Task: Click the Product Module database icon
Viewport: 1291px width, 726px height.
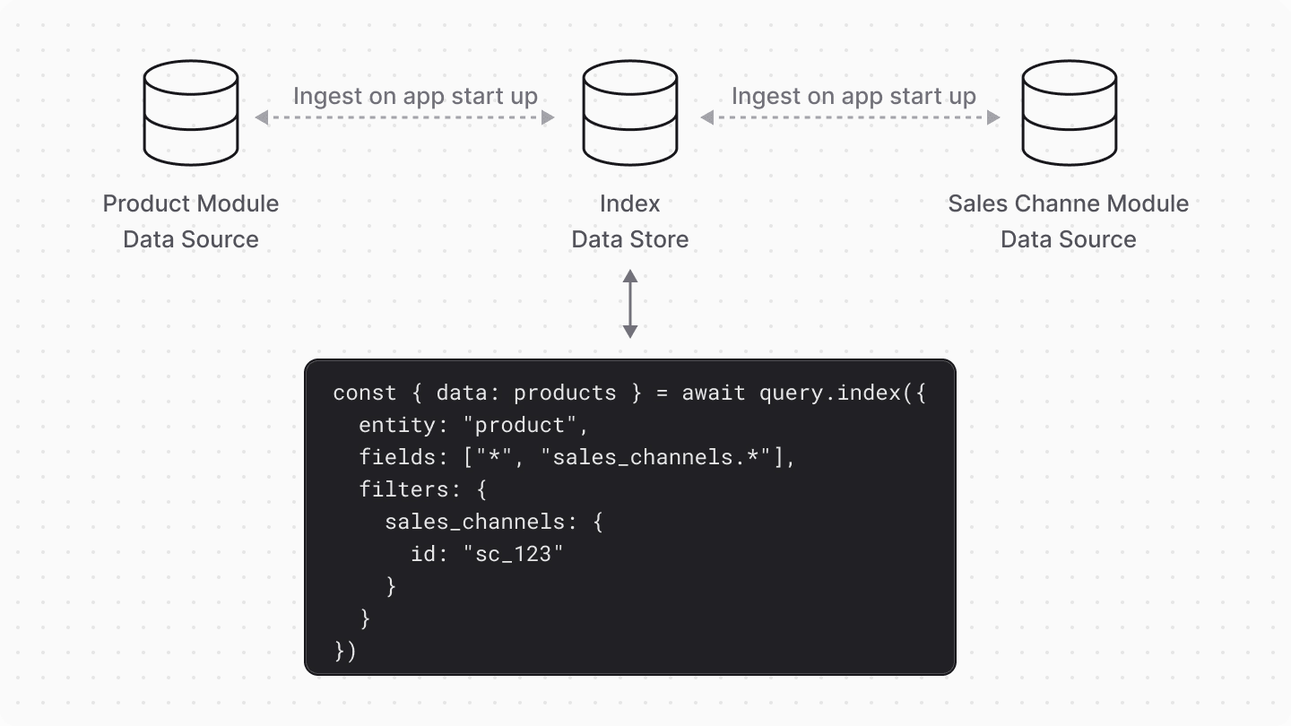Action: tap(191, 113)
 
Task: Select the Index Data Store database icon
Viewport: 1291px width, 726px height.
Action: tap(629, 113)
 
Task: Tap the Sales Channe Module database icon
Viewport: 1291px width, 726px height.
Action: tap(1069, 113)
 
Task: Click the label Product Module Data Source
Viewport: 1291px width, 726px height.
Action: tap(191, 221)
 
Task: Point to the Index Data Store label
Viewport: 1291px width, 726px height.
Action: tap(629, 221)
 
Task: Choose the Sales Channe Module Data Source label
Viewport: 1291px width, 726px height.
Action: tap(1069, 221)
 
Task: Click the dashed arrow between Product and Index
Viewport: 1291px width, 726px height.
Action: tap(405, 117)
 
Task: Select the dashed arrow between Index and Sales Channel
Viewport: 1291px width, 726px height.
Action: tap(850, 117)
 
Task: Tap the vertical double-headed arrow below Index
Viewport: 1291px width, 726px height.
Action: tap(630, 304)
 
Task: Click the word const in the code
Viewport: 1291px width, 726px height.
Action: tap(365, 393)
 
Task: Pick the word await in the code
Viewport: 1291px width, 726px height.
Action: tap(714, 393)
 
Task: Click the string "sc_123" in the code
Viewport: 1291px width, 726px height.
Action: tap(514, 555)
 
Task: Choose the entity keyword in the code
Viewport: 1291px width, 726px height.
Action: tap(397, 426)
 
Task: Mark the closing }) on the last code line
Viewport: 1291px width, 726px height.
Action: tap(346, 652)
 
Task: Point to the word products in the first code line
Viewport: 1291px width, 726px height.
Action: tap(565, 393)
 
